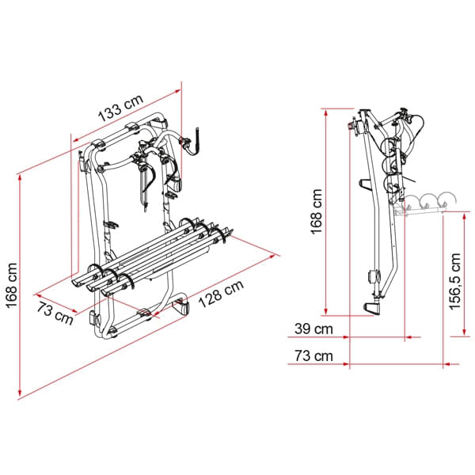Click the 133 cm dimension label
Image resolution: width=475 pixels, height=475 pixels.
[x=121, y=108]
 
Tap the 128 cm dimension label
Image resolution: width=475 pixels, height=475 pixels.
[x=221, y=294]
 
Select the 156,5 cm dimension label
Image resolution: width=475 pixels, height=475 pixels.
[x=455, y=282]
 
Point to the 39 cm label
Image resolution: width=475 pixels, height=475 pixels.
[x=313, y=329]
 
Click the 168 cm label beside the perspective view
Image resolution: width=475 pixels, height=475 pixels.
[x=12, y=286]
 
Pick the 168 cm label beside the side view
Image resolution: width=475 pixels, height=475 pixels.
[x=316, y=211]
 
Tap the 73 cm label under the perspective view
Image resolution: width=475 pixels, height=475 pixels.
[x=55, y=313]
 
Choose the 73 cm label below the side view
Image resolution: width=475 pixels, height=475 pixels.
[x=313, y=355]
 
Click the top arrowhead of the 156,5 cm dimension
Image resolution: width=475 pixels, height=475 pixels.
[x=464, y=216]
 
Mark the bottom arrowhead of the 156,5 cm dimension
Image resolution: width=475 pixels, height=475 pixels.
[x=464, y=332]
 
